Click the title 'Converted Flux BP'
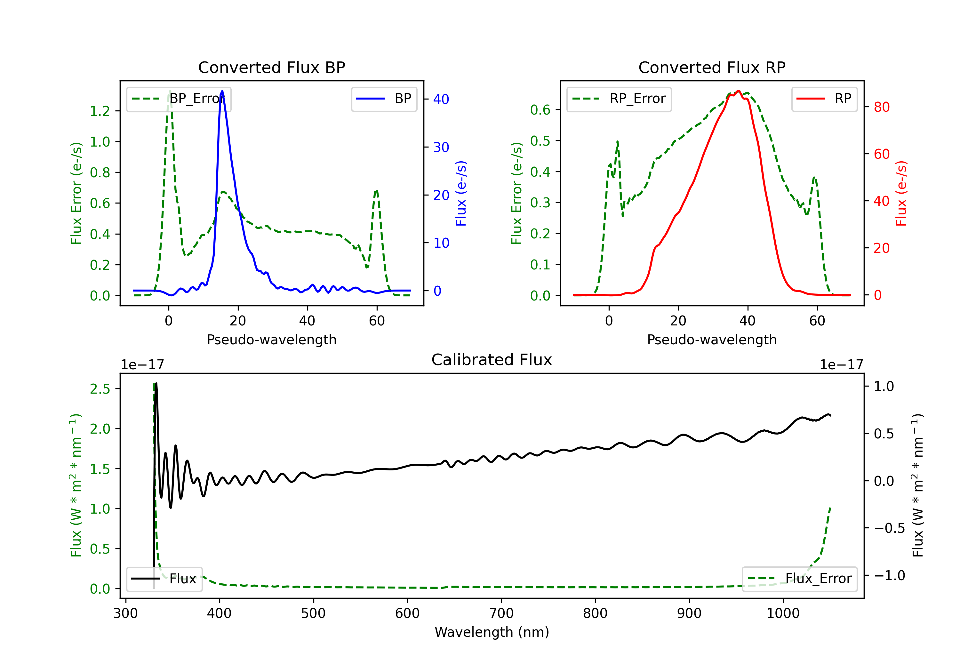271,67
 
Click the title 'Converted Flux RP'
712,67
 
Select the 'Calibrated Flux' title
492,360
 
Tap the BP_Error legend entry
179,99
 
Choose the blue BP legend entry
384,99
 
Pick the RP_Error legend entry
619,99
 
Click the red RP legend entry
824,99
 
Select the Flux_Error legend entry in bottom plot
799,579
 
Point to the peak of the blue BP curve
222,91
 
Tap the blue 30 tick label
441,147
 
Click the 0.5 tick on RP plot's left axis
540,141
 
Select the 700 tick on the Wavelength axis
501,613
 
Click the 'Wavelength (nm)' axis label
492,632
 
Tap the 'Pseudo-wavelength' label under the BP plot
272,340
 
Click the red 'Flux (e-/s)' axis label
901,193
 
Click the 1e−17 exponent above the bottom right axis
841,365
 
